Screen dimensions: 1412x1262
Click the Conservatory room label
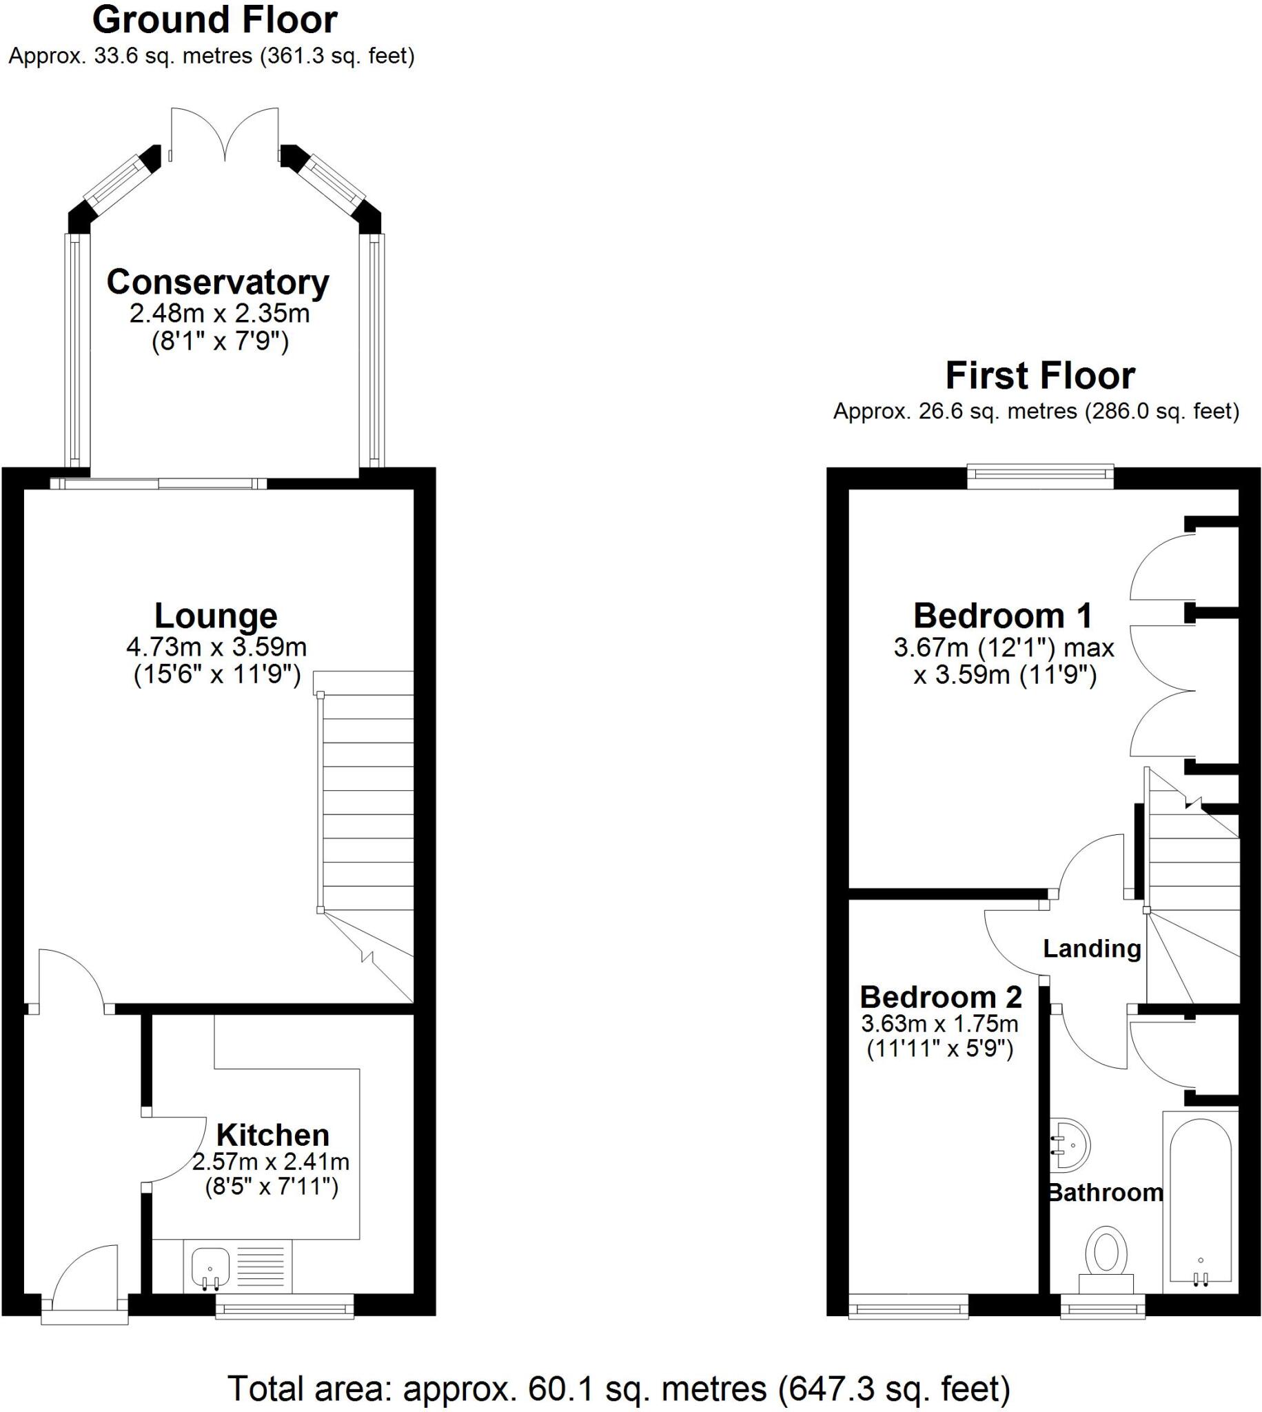tap(218, 282)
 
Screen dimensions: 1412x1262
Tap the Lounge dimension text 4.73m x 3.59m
tap(216, 647)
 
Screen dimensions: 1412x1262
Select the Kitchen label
tap(272, 1136)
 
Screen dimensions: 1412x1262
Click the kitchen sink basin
tap(210, 1267)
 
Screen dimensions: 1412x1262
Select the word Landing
tap(1092, 949)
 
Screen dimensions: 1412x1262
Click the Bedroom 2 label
tap(941, 997)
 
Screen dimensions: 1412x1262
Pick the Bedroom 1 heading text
tap(1003, 616)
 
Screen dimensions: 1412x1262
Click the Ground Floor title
tap(215, 20)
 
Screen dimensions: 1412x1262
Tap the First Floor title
tap(1040, 376)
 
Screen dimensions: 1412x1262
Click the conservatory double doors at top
tap(225, 135)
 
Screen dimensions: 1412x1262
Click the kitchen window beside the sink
tap(284, 1309)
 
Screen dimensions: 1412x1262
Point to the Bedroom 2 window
tap(908, 1309)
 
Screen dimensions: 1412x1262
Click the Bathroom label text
tap(1106, 1192)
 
